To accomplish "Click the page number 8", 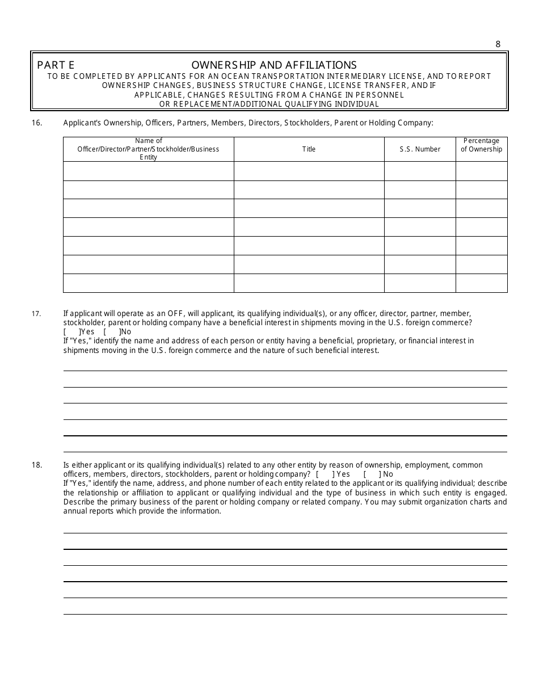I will [498, 44].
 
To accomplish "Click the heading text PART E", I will [56, 65].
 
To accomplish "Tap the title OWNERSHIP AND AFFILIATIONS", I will [274, 65].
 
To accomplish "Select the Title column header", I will [309, 149].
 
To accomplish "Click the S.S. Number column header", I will [420, 149].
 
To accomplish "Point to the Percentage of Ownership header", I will [481, 145].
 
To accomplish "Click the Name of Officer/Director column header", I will [148, 149].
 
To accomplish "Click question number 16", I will [37, 122].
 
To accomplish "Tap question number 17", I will [36, 314].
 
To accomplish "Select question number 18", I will [37, 465].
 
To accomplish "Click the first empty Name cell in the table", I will [148, 171].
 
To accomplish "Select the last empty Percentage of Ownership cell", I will [481, 283].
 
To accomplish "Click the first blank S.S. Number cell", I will [420, 171].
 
